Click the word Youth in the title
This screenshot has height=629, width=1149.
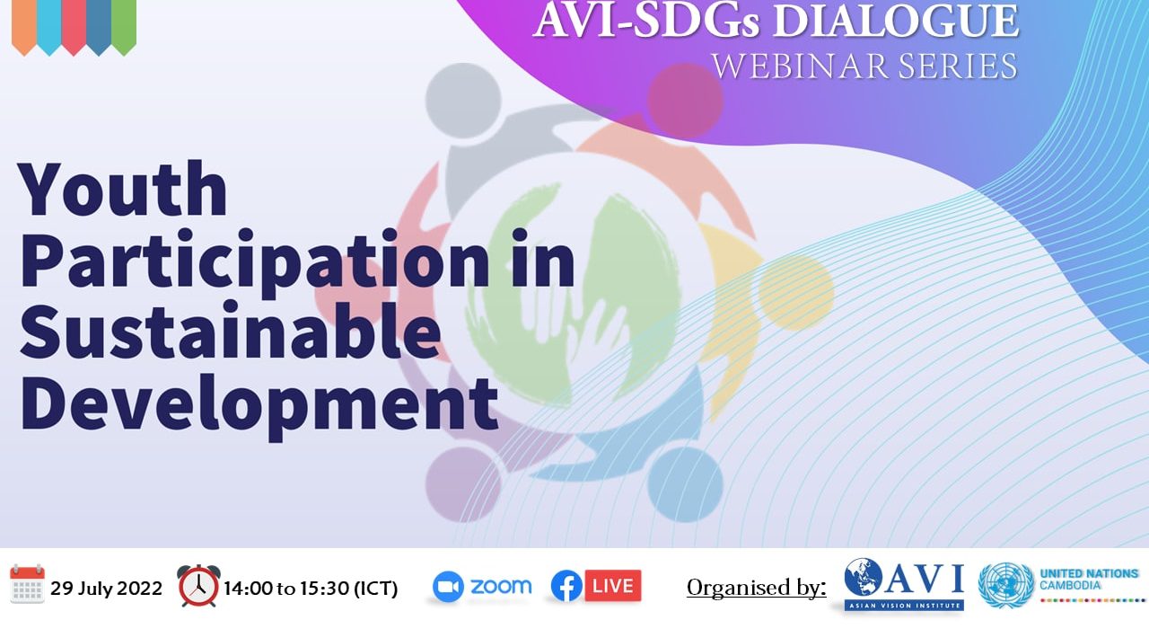click(x=123, y=189)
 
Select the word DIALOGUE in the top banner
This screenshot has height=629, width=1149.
click(x=896, y=21)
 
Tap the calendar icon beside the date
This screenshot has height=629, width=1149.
click(x=27, y=584)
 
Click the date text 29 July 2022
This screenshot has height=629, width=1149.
click(x=106, y=588)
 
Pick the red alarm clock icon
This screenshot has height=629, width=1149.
click(x=199, y=585)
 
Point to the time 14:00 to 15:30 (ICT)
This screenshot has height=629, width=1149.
click(x=311, y=589)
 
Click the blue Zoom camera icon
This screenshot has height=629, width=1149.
click(x=448, y=587)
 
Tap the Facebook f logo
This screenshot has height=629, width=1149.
click(x=566, y=586)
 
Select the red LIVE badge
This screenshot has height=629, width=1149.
click(x=613, y=585)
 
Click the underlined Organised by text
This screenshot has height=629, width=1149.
click(x=757, y=588)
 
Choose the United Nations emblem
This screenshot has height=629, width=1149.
click(x=1006, y=585)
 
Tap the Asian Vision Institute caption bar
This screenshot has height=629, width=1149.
click(x=903, y=606)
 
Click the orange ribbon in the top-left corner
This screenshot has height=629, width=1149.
click(x=24, y=27)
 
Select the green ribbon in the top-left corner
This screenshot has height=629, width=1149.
click(x=124, y=27)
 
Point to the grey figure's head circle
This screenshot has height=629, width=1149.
click(x=463, y=101)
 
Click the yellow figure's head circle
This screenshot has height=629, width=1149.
click(x=796, y=293)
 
